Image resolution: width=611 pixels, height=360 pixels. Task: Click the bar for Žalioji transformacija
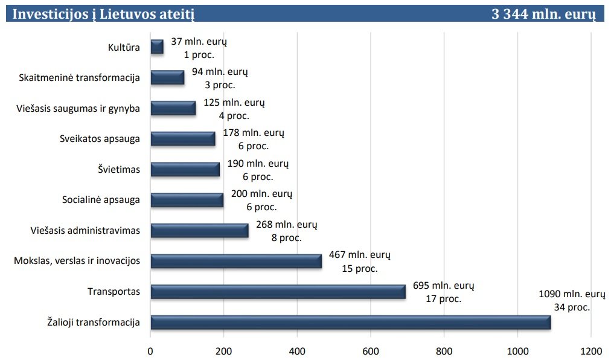[350, 322]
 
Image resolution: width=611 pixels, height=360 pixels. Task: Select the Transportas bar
[278, 292]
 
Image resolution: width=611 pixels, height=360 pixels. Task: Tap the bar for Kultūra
[157, 47]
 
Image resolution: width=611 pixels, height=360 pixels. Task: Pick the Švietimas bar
[185, 169]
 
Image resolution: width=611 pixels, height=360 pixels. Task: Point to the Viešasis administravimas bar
[199, 230]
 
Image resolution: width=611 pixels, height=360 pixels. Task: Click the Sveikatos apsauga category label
[100, 138]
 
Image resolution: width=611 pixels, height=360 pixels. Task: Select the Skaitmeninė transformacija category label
[79, 77]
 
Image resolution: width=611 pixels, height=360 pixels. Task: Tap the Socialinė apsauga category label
[101, 199]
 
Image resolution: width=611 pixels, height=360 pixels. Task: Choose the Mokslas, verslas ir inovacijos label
[77, 260]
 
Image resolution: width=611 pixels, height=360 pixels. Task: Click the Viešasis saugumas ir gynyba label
[78, 108]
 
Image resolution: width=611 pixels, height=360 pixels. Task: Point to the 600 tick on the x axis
[370, 350]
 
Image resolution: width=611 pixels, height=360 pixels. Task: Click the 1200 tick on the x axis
[590, 350]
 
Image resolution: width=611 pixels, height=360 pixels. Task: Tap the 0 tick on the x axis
[150, 350]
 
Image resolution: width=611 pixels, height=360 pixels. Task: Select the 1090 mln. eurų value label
[571, 294]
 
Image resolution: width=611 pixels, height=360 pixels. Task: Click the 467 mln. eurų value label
[360, 255]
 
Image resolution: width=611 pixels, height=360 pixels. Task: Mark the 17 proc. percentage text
[444, 298]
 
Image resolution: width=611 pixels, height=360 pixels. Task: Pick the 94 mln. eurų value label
[220, 72]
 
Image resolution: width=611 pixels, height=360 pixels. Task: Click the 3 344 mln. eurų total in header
[543, 14]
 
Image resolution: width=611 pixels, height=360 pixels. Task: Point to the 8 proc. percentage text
[286, 237]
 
